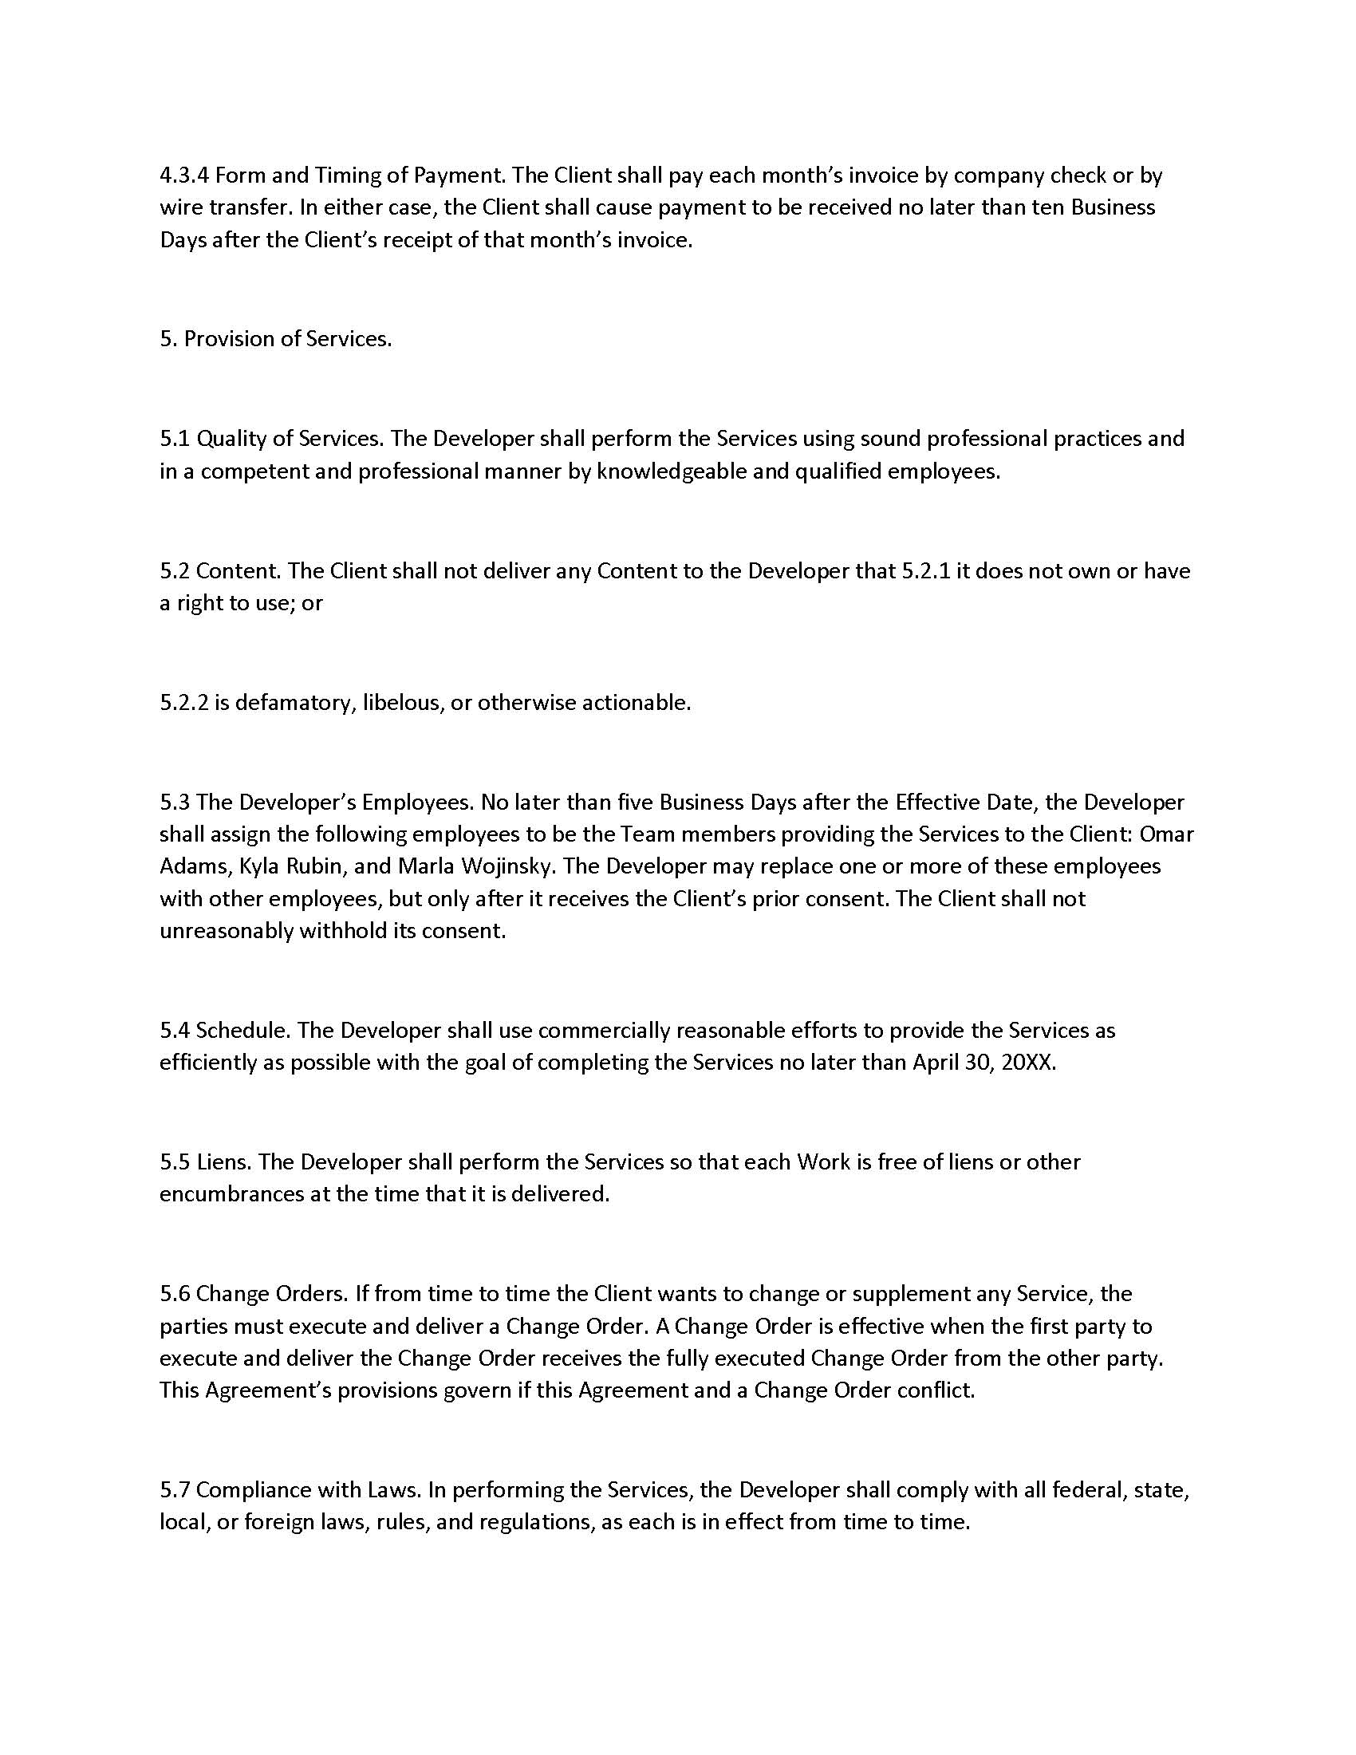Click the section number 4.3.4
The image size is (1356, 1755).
pos(184,175)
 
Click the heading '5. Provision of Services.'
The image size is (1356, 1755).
pos(275,339)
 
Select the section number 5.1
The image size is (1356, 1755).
pos(175,439)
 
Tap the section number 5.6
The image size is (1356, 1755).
pos(175,1294)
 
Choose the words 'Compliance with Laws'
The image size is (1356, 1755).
pos(308,1490)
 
